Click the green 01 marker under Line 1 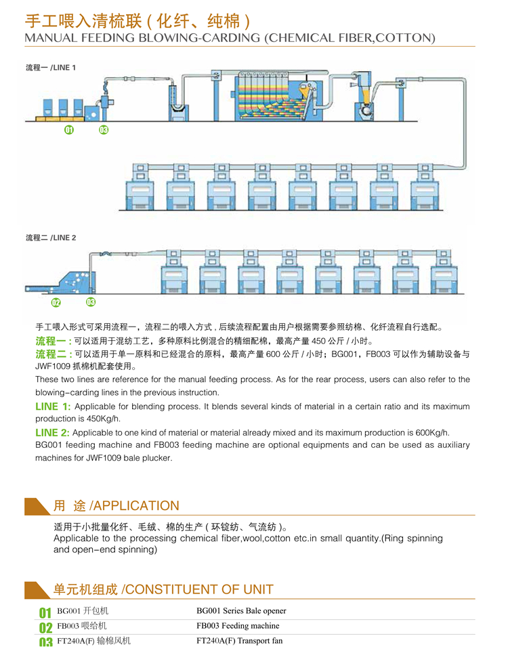tap(69, 130)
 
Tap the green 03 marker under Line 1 tap(104, 130)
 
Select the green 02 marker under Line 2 tap(56, 302)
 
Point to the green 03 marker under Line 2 tap(91, 302)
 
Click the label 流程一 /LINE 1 tap(51, 68)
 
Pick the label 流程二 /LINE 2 tap(51, 238)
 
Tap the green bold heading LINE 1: tap(52, 406)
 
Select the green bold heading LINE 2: tap(52, 432)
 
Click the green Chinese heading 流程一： tap(54, 341)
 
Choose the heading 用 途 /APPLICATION tap(116, 505)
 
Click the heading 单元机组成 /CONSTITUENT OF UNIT tap(163, 589)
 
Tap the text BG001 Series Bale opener tap(241, 611)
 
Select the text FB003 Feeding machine tap(237, 626)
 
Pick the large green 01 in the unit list tap(45, 614)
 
